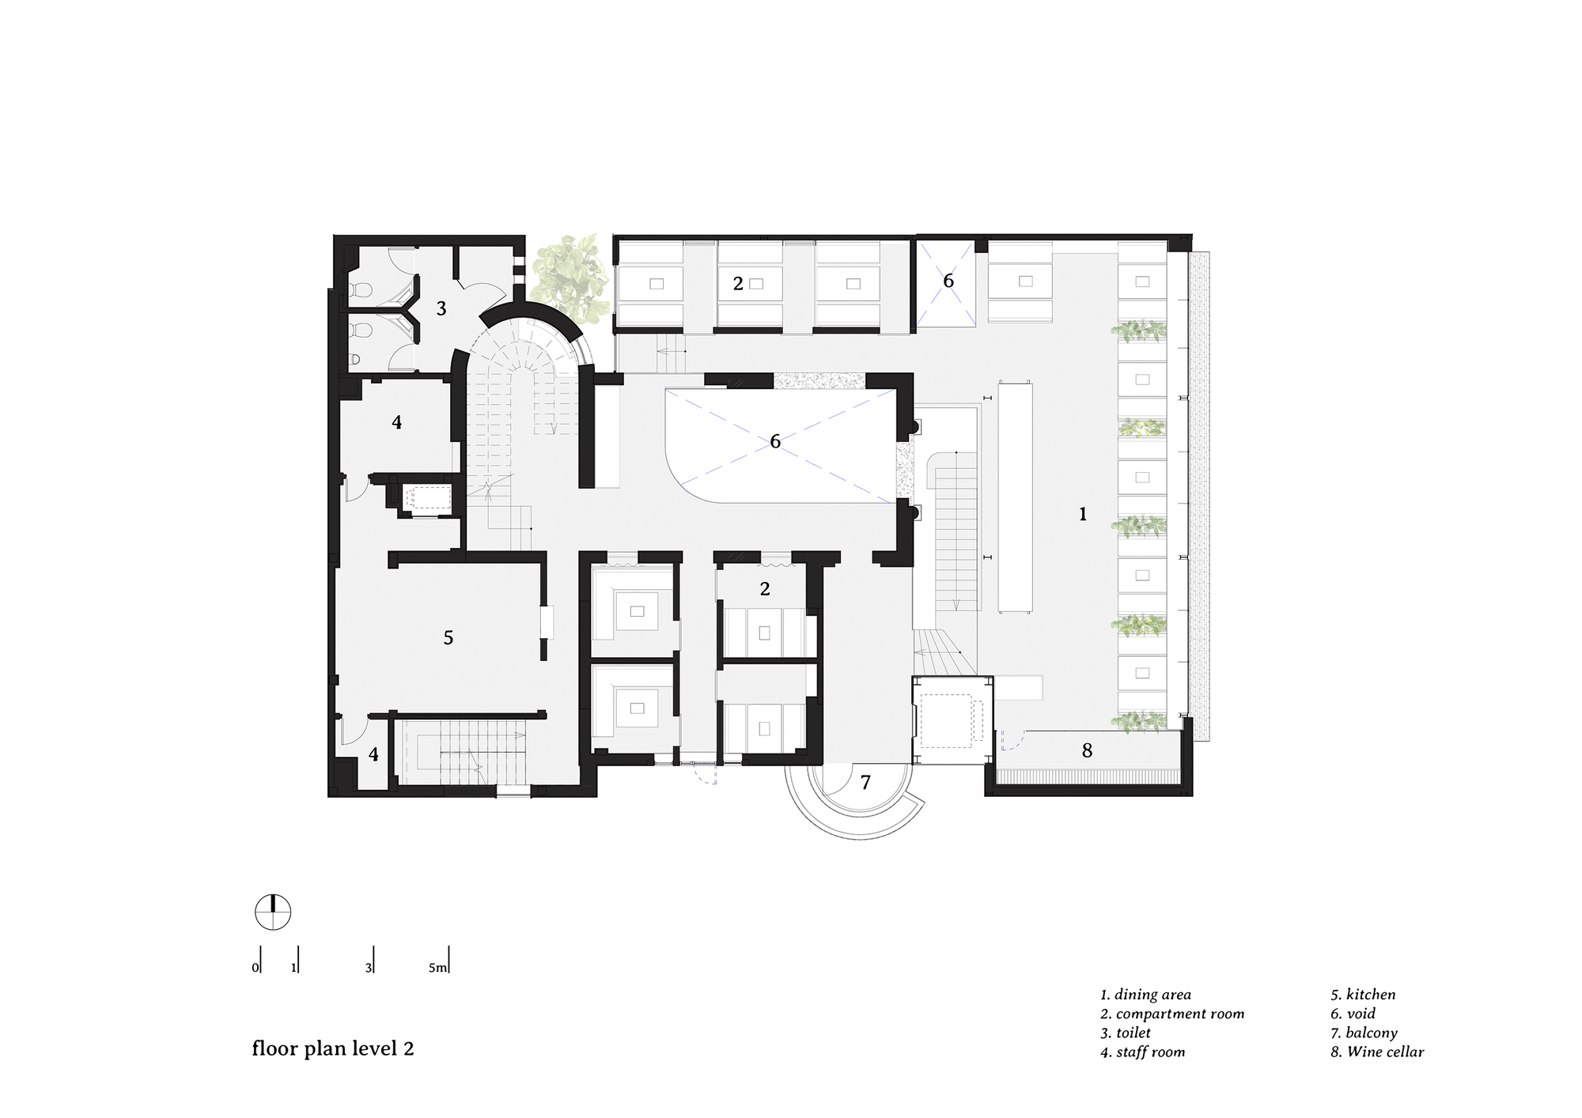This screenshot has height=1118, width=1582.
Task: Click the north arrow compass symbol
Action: [273, 912]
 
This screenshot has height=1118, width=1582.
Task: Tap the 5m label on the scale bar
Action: [438, 968]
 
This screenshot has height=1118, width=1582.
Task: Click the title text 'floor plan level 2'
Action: [332, 1049]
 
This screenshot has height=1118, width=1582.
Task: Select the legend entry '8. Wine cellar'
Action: [1376, 1052]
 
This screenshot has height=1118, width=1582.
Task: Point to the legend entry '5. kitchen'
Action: [1362, 995]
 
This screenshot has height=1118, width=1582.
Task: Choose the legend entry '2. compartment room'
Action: [1171, 1014]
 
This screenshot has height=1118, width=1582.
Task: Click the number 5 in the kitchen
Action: [448, 637]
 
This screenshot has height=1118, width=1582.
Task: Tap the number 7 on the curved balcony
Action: [865, 783]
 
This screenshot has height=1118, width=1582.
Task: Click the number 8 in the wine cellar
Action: [1087, 751]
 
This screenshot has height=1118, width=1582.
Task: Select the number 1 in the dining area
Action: [1083, 515]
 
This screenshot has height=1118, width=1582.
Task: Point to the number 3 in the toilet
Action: [441, 309]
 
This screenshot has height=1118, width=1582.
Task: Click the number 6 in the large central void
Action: [775, 441]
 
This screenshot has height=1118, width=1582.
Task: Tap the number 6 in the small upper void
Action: [948, 281]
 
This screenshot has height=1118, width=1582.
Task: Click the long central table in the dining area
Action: [1015, 497]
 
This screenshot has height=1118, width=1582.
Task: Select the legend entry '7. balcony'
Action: [1364, 1033]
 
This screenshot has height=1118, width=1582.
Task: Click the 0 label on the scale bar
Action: [255, 968]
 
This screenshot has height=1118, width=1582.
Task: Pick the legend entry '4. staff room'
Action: [1142, 1052]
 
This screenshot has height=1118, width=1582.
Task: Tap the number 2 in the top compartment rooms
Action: [738, 283]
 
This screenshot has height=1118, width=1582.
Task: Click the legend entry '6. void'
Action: [1353, 1014]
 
